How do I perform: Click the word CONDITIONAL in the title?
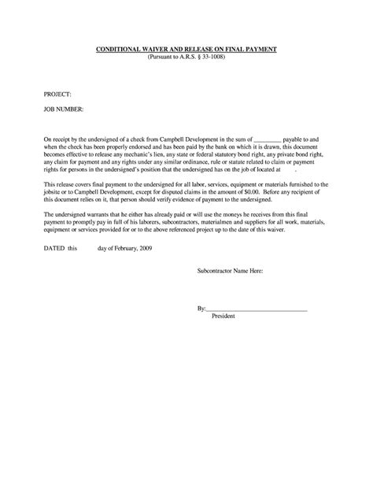[x=120, y=50]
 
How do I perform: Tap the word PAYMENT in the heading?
[x=260, y=50]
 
